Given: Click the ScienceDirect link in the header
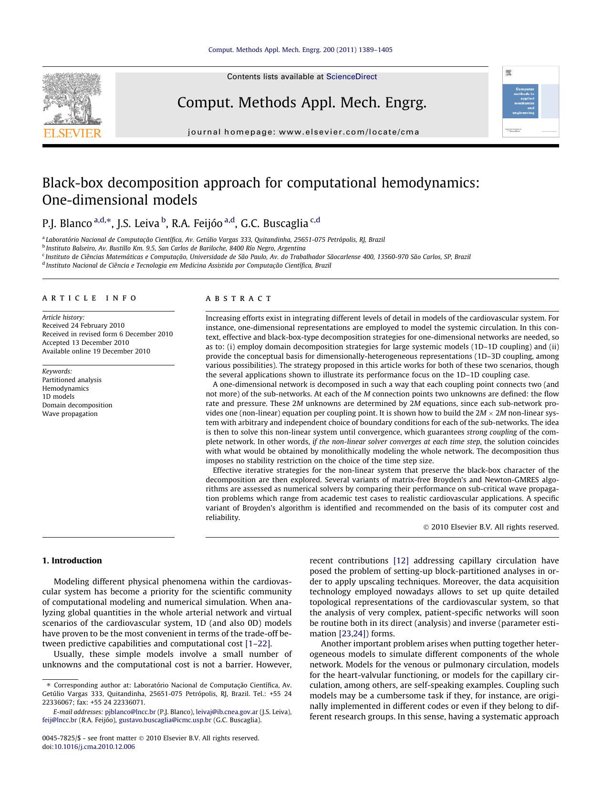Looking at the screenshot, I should (351, 77).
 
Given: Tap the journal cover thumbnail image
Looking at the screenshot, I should (530, 102).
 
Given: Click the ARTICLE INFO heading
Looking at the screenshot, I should (89, 298).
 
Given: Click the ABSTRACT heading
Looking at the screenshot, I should (239, 299).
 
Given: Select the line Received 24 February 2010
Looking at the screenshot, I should (83, 325).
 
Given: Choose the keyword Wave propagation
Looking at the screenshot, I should (70, 414).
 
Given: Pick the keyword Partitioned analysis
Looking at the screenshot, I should (72, 380).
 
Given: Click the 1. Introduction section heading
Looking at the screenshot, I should (72, 561).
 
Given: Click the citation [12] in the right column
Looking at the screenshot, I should (401, 561).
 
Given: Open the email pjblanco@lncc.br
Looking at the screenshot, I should (130, 712).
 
